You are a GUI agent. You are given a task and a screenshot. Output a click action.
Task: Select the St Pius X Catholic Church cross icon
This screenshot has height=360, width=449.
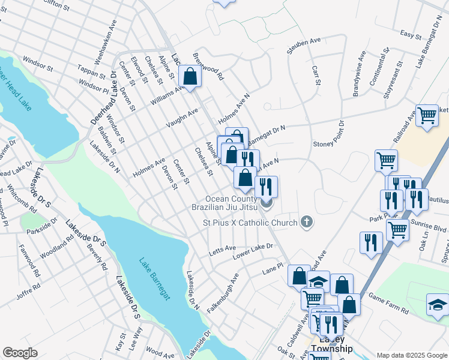[307, 223]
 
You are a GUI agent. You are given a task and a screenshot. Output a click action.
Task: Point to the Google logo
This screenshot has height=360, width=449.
[20, 353]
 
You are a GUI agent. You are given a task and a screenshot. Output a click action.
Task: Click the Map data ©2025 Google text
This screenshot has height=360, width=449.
[412, 355]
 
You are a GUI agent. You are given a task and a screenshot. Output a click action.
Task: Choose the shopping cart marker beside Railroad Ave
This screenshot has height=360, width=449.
[427, 115]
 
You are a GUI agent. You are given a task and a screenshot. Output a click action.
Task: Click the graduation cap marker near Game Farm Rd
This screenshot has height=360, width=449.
[438, 304]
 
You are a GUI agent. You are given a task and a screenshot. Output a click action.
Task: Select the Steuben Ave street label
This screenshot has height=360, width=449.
[304, 46]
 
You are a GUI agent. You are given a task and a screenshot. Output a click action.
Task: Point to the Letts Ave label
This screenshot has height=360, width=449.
[221, 248]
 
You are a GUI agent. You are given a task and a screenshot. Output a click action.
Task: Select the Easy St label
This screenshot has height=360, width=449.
[411, 35]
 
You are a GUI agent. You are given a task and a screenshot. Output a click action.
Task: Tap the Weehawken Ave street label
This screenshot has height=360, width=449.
[104, 43]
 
